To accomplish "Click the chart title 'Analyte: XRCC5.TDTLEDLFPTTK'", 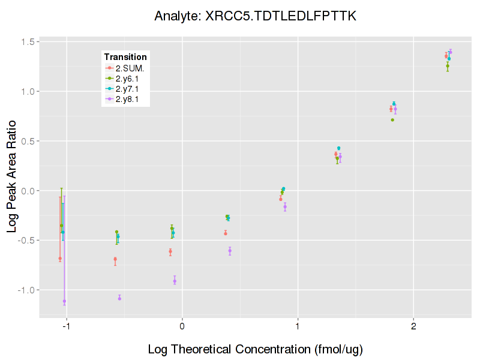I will [256, 16].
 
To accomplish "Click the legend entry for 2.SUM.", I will [129, 68].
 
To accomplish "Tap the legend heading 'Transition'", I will [125, 57].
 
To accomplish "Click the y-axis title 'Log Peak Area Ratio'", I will [12, 179].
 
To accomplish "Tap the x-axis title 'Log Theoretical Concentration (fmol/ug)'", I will [256, 349].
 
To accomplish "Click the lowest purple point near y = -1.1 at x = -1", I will [64, 301].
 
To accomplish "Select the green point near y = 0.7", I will [392, 120].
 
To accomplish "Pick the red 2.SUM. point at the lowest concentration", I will [60, 259].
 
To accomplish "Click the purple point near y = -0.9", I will [175, 281].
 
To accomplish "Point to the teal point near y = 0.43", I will [338, 148].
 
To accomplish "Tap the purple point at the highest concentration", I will [450, 52].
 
